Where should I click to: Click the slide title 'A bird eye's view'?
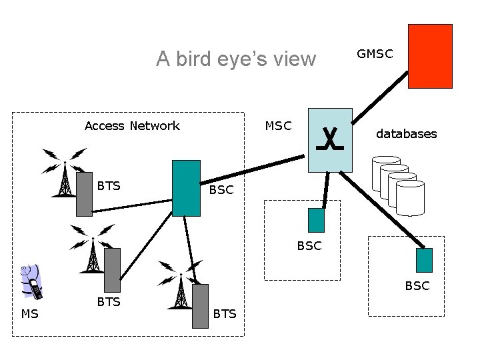236,59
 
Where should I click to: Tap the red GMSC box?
430,56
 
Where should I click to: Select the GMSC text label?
375,54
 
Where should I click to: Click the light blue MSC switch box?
330,140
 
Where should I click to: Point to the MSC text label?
278,125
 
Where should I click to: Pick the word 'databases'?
406,134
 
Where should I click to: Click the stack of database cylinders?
398,185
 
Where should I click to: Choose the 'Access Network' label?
132,126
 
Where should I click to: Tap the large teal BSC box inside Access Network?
186,188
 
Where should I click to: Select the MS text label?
30,314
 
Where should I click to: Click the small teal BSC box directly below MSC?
316,220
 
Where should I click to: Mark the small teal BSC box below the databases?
424,260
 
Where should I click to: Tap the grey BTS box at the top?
84,194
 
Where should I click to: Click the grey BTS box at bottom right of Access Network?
200,306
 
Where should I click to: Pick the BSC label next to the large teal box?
221,190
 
